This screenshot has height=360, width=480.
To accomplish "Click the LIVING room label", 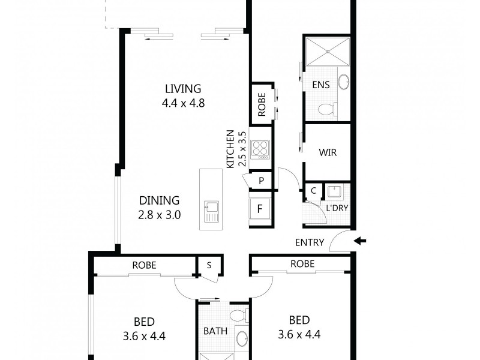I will tap(183, 89).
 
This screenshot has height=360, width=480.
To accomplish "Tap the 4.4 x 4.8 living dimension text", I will tap(183, 103).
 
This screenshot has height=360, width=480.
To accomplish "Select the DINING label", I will tap(159, 200).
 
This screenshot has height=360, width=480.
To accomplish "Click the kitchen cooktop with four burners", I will tap(260, 148).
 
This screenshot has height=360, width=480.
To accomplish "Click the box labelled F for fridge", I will tap(260, 209).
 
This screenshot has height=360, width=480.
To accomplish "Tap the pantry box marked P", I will tap(262, 181).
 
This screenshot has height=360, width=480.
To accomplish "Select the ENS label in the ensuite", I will tap(321, 85).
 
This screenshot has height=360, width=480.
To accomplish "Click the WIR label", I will tap(328, 152).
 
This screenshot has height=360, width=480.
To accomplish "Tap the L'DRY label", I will tap(337, 209).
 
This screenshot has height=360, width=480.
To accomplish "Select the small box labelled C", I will tap(313, 191).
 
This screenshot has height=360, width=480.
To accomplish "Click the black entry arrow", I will tap(360, 242).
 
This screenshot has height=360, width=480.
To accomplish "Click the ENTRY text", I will tap(310, 243).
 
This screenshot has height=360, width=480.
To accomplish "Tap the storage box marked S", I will tap(209, 265).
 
